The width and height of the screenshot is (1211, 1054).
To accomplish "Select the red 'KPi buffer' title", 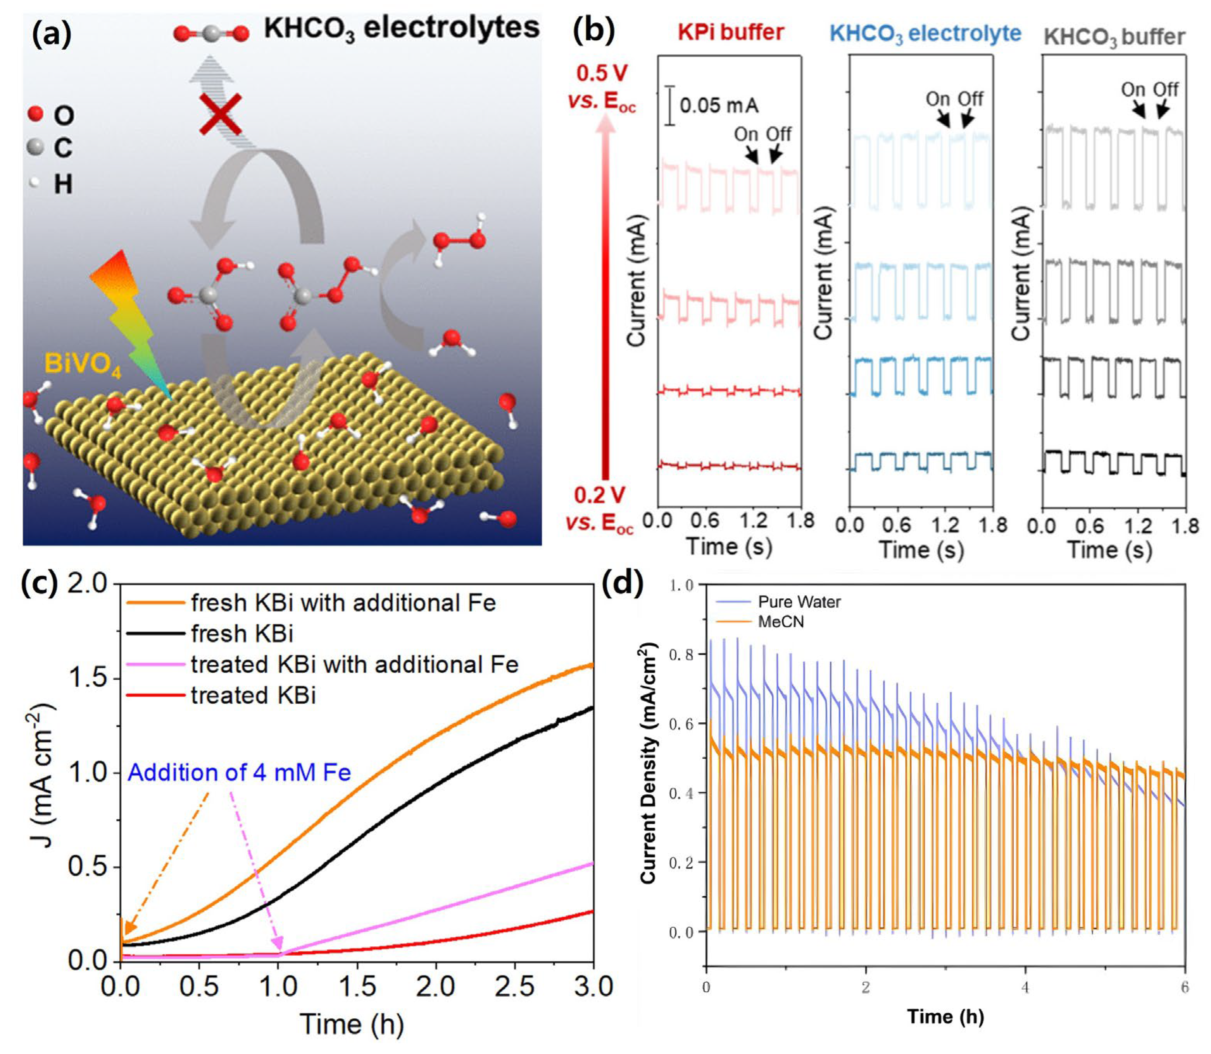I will point(731,32).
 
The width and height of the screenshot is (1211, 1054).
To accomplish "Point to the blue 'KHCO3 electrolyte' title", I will point(925,34).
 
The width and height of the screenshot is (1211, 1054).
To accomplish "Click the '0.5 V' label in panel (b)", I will point(601,74).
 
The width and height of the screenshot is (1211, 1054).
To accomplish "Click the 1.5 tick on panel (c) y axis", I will point(89,678).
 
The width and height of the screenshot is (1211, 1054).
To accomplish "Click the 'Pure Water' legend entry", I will point(799,602).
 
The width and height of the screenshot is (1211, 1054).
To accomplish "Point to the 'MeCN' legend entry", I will point(781,622).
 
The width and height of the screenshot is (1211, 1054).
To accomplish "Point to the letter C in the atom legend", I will point(63,148).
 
